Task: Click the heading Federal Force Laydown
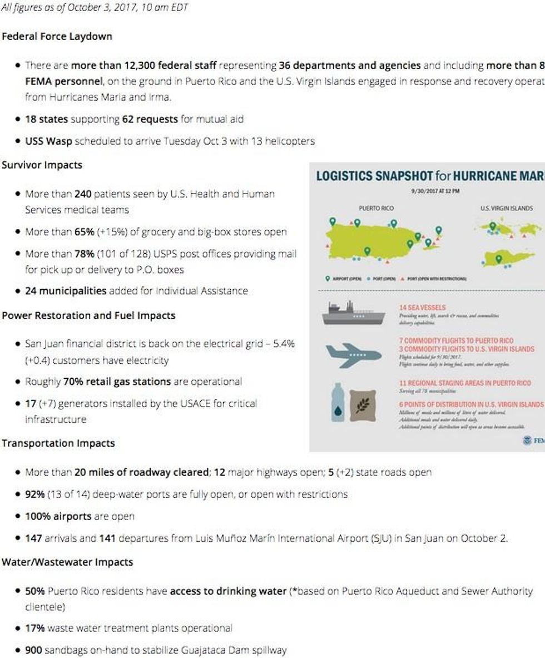point(57,36)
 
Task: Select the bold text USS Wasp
point(48,141)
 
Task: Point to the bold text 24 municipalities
point(66,291)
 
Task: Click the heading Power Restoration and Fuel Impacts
point(88,315)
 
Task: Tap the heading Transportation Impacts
point(58,443)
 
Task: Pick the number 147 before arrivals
point(33,538)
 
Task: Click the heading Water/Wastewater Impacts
point(67,562)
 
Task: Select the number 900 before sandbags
point(33,650)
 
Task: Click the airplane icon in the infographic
point(353,355)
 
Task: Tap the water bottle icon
point(338,402)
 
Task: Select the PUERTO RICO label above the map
point(376,208)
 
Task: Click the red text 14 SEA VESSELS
point(422,307)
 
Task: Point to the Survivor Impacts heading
point(42,165)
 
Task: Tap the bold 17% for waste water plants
point(35,628)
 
